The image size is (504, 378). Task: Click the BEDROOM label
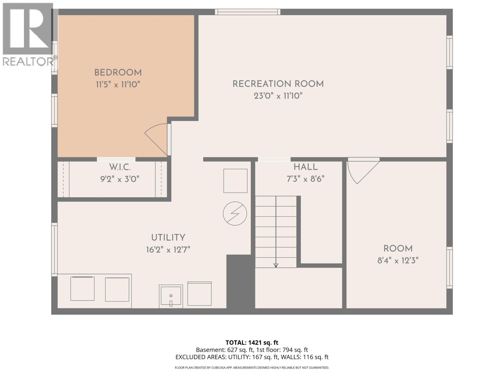[x=118, y=73]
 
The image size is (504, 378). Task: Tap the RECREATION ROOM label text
[x=278, y=84]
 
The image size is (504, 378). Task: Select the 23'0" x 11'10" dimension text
[x=278, y=96]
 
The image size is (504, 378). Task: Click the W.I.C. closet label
[x=120, y=167]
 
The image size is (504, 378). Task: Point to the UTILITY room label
[x=168, y=238]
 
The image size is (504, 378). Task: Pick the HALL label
[x=305, y=167]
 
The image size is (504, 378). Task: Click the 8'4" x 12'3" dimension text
[x=398, y=261]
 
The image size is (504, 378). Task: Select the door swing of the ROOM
[x=362, y=172]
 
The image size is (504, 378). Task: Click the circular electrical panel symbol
[x=235, y=213]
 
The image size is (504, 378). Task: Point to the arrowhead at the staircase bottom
[x=276, y=265]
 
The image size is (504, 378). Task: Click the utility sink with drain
[x=171, y=296]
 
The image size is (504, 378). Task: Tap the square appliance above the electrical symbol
[x=235, y=180]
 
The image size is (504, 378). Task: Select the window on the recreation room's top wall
[x=248, y=12]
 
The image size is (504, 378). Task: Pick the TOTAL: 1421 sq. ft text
[x=252, y=342]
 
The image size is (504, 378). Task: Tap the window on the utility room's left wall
[x=54, y=249]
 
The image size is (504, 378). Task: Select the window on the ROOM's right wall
[x=450, y=268]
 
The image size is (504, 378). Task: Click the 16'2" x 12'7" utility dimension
[x=168, y=250]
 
